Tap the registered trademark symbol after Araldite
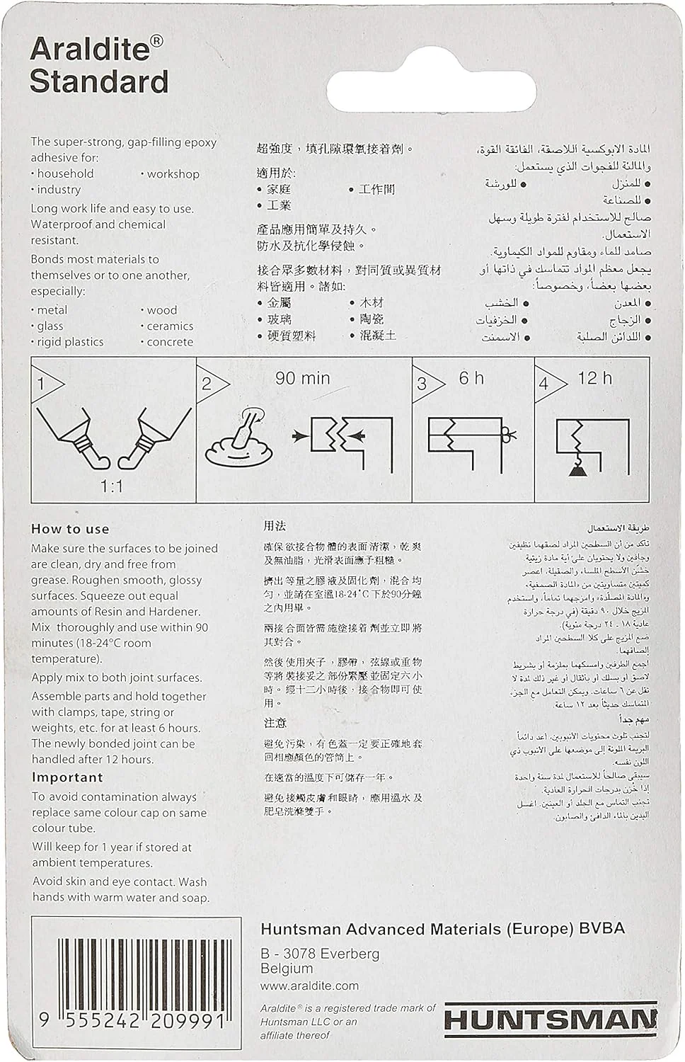tap(157, 42)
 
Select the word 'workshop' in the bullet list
tap(173, 174)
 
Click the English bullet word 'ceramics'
tap(170, 326)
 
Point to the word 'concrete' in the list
tap(170, 342)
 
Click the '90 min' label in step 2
tap(302, 379)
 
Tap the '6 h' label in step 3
tap(471, 378)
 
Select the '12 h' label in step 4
tap(594, 378)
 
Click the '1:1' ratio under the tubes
tap(112, 486)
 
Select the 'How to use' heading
tap(70, 529)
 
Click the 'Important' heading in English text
tap(67, 777)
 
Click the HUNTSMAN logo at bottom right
tap(550, 1020)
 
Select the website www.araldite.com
tap(309, 986)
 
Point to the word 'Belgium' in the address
tap(287, 969)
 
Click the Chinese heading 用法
tap(275, 526)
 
